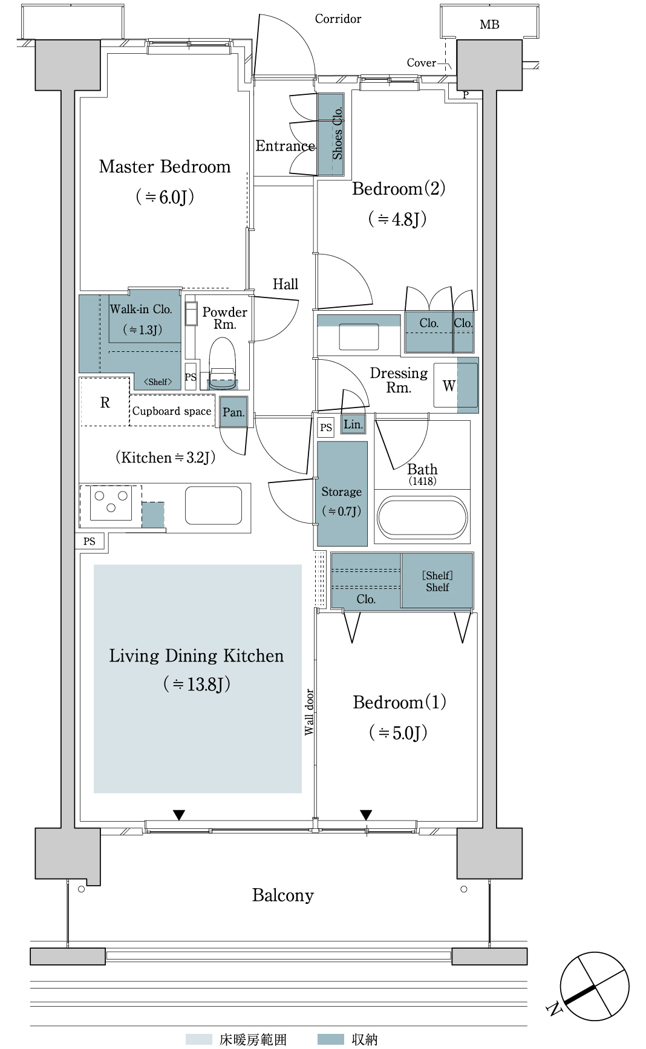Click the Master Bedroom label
pyautogui.click(x=165, y=166)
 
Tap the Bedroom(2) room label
pyautogui.click(x=399, y=189)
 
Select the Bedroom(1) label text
pyautogui.click(x=399, y=702)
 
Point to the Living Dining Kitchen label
pyautogui.click(x=196, y=655)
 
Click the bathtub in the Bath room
pyautogui.click(x=422, y=518)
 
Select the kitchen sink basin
pyautogui.click(x=214, y=505)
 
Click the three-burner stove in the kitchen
pyautogui.click(x=111, y=502)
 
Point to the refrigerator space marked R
pyautogui.click(x=105, y=402)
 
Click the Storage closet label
pyautogui.click(x=342, y=492)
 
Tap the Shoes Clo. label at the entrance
pyautogui.click(x=337, y=133)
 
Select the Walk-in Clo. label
pyautogui.click(x=141, y=309)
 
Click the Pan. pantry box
pyautogui.click(x=233, y=412)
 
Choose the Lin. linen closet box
pyautogui.click(x=353, y=424)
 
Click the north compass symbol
pyautogui.click(x=594, y=987)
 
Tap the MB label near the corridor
pyautogui.click(x=489, y=25)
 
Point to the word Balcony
pyautogui.click(x=283, y=895)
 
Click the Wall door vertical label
pyautogui.click(x=309, y=712)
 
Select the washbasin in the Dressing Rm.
pyautogui.click(x=359, y=337)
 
